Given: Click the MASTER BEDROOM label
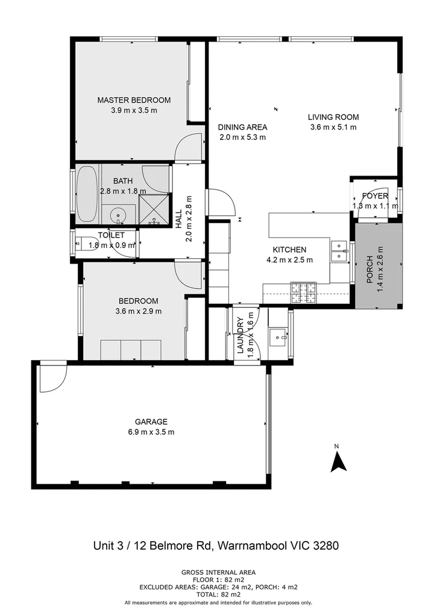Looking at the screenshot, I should (x=134, y=100).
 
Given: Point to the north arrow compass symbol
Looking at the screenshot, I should (x=338, y=460).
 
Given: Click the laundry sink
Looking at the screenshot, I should (x=278, y=336).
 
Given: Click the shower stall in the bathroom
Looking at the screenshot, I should (x=155, y=209).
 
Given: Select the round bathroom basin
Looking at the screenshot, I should (x=118, y=214).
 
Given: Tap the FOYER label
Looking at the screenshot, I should (x=375, y=196).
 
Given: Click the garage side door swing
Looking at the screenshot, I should (x=50, y=377).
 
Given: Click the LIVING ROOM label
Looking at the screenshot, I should (x=333, y=117).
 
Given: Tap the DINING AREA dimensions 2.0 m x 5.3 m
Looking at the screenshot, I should (x=242, y=137).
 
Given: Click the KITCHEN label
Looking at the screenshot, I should (x=289, y=250).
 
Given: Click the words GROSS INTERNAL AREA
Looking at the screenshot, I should (x=218, y=572).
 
